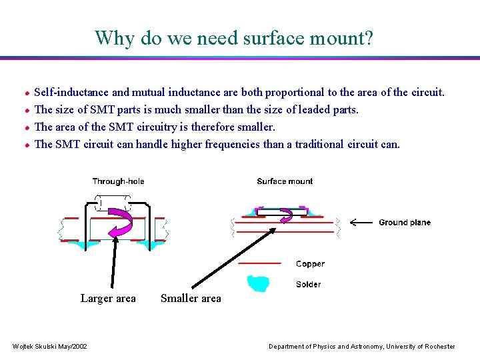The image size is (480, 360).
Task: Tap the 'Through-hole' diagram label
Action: (x=118, y=181)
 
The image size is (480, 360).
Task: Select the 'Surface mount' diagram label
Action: (x=285, y=181)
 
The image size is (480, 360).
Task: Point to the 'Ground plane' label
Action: (x=405, y=223)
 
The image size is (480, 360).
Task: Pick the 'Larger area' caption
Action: (x=108, y=299)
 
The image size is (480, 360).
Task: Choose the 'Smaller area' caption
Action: (x=191, y=299)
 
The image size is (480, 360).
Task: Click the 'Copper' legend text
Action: (x=310, y=264)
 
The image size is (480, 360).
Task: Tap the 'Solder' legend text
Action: (x=309, y=285)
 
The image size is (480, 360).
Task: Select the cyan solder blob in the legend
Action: (x=259, y=283)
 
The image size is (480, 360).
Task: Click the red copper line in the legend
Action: (x=259, y=264)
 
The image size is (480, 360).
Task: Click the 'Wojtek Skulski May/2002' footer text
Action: (x=50, y=347)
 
